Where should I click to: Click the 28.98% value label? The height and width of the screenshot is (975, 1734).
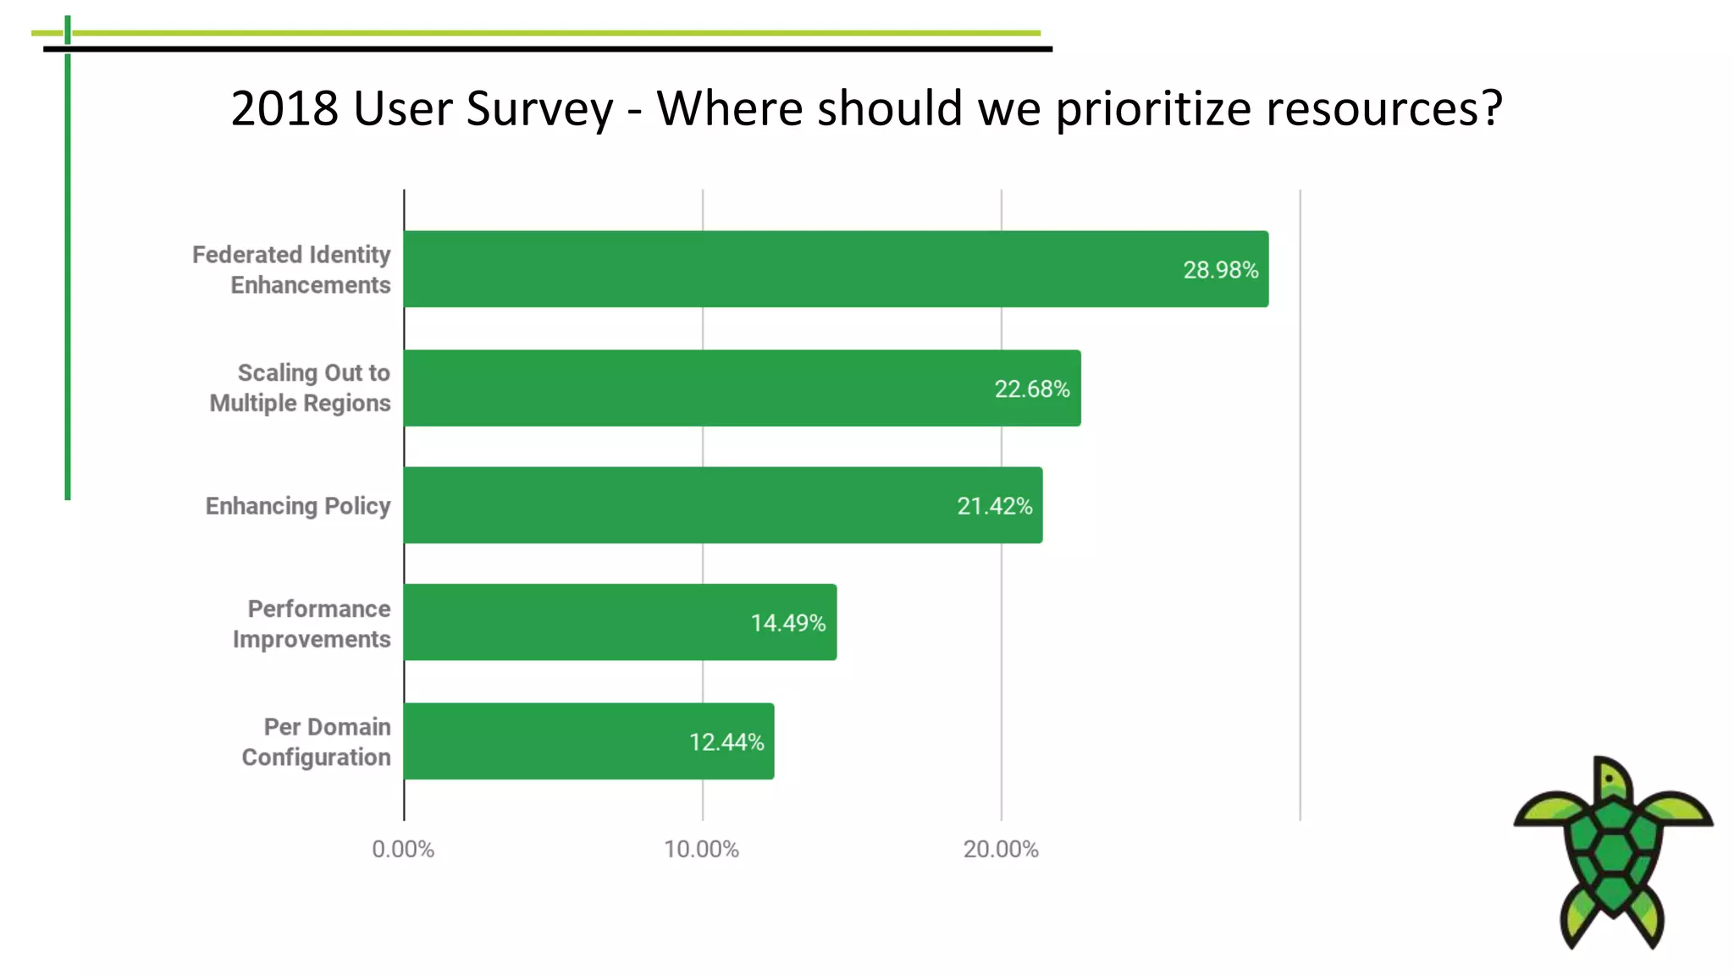tap(1220, 270)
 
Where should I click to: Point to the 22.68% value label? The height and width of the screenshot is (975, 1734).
tap(1031, 389)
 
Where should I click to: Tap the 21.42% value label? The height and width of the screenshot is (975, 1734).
tap(994, 506)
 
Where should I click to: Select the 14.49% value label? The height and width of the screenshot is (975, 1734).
tap(787, 623)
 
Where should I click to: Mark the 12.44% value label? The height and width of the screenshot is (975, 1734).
tap(726, 742)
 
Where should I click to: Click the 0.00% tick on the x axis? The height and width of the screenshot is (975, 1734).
tap(403, 849)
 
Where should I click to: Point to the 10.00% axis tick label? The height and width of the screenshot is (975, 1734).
tap(701, 849)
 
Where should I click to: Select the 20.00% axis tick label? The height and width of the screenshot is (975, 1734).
tap(1000, 849)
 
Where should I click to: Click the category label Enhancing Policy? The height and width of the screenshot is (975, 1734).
tap(297, 506)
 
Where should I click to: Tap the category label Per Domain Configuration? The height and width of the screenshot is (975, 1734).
tap(317, 741)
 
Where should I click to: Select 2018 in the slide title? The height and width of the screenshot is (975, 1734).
tap(284, 108)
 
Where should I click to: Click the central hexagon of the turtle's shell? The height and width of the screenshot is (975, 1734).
tap(1613, 847)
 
